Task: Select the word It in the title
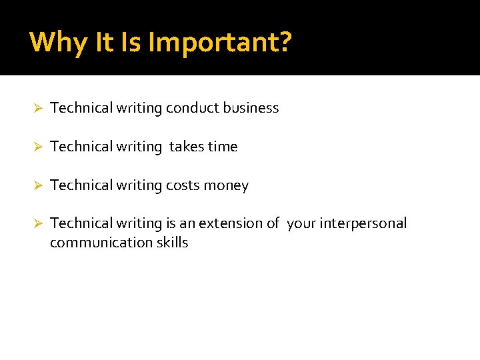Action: (105, 42)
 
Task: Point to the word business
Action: (251, 108)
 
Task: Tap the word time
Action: (223, 147)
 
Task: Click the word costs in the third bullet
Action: (183, 185)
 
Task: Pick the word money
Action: (226, 185)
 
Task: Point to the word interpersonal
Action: (363, 223)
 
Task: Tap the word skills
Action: (172, 243)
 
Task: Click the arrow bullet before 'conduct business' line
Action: (39, 109)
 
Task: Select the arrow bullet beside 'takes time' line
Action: (39, 147)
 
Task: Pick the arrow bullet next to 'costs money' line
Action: (39, 186)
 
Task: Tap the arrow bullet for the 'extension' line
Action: (39, 224)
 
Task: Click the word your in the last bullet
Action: (301, 223)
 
